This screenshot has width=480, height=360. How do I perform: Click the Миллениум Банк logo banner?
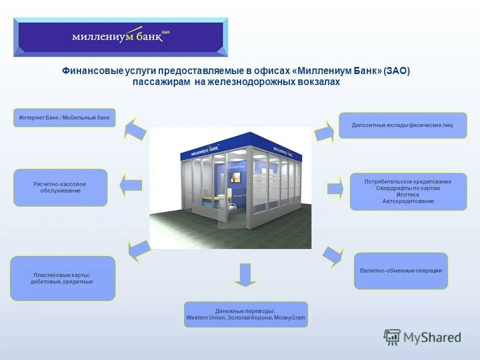click(121, 36)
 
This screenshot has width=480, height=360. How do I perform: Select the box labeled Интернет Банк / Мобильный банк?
click(64, 117)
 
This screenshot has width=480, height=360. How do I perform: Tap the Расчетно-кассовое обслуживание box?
click(60, 187)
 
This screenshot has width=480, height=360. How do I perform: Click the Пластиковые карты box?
click(62, 278)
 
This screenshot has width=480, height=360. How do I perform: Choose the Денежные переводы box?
click(245, 314)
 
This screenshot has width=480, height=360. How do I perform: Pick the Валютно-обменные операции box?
click(400, 270)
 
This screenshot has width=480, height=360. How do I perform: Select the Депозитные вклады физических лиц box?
click(402, 125)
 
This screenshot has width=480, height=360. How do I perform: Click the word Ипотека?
click(408, 194)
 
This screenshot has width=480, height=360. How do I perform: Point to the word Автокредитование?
click(408, 201)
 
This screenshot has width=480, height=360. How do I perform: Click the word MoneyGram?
click(289, 317)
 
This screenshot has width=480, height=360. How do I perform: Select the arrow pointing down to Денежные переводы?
click(245, 275)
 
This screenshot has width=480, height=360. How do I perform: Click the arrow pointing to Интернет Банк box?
click(134, 128)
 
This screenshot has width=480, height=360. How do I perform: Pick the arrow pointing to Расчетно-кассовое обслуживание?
click(130, 185)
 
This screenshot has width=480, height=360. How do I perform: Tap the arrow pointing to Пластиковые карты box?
click(138, 248)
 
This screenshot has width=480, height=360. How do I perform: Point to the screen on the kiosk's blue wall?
click(235, 177)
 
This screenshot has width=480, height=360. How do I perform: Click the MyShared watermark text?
click(433, 337)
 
